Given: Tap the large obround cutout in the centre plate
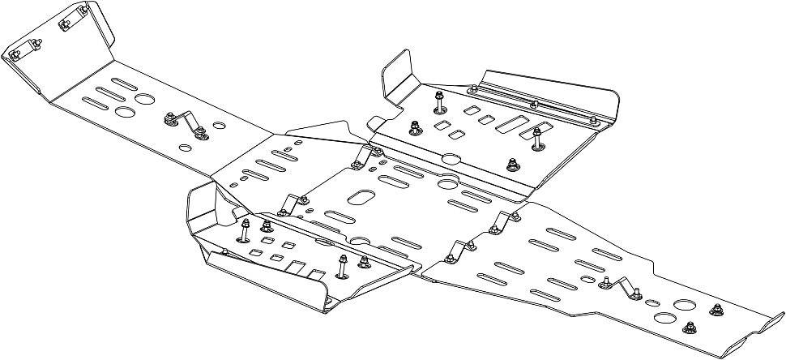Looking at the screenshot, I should [362, 198].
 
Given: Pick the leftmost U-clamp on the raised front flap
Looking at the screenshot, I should [18, 55].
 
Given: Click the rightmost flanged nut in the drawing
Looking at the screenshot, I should [716, 308].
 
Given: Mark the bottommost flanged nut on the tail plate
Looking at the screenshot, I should [690, 328].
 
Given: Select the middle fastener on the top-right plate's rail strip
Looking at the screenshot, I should [532, 105].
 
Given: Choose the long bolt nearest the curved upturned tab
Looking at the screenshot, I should [438, 100].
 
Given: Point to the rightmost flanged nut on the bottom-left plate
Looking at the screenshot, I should [363, 260].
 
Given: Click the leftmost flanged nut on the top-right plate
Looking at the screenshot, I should [415, 127].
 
